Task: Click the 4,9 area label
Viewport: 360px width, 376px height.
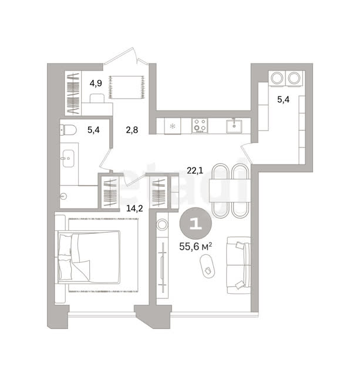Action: point(96,83)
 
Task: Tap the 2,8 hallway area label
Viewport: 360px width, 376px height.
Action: point(132,130)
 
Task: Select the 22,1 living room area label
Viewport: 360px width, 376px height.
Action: point(195,171)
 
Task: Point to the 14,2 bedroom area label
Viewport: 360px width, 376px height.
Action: point(134,209)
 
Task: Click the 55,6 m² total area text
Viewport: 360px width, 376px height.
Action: point(196,246)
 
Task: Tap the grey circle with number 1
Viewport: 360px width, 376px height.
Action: point(196,223)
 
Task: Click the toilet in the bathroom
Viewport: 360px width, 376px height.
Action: point(68,130)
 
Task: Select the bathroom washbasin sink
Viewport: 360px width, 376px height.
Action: point(68,159)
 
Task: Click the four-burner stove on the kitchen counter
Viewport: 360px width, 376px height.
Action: point(200,125)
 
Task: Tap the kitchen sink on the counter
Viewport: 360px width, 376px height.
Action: point(234,126)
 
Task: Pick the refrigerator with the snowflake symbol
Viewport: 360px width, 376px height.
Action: point(173,126)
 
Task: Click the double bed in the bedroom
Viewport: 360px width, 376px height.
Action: point(89,257)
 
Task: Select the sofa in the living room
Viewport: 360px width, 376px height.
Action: point(238,265)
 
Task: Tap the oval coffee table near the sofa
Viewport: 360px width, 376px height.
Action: point(207,266)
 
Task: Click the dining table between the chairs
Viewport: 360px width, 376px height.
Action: point(230,190)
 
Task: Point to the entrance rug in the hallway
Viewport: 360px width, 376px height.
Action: point(127,87)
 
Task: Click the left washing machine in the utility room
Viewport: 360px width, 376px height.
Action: point(277,78)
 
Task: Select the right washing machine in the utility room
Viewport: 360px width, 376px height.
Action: point(295,78)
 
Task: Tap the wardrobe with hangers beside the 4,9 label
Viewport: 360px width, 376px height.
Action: point(73,93)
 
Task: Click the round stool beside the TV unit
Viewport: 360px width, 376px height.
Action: point(162,224)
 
